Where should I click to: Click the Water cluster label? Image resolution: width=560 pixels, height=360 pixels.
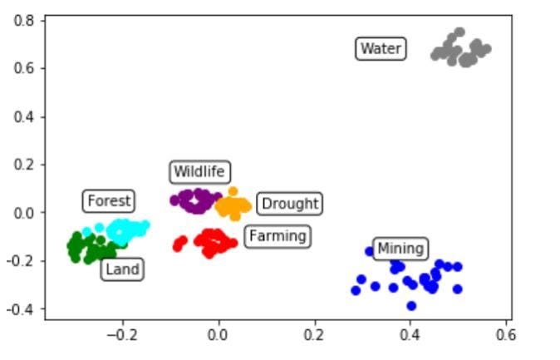(381, 49)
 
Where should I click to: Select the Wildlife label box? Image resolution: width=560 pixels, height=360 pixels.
(199, 172)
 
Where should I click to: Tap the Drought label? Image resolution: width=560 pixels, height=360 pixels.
(288, 203)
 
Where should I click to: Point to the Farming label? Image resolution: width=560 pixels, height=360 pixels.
(278, 236)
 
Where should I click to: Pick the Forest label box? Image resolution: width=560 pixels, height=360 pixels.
(109, 200)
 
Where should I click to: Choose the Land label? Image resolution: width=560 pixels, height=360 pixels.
(122, 269)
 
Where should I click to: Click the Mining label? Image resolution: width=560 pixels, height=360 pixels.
(400, 248)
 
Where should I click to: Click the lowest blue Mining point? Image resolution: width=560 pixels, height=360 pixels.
(410, 306)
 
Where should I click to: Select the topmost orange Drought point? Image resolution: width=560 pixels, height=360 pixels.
(233, 192)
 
